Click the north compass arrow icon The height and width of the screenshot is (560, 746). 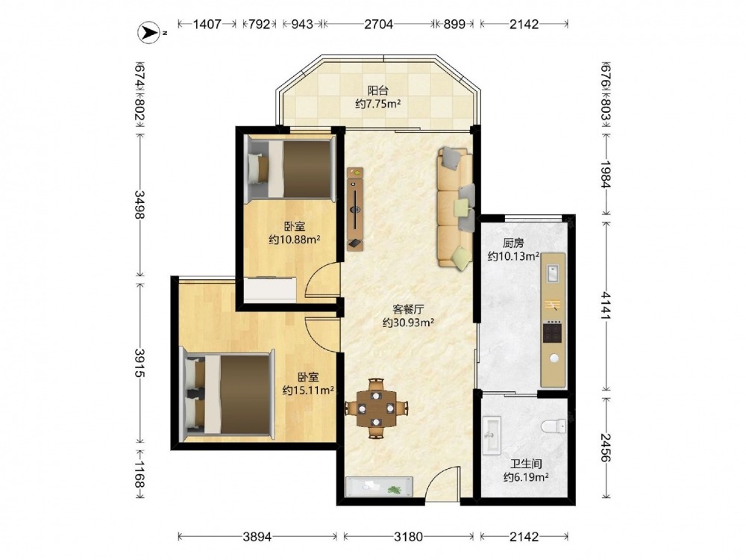pyautogui.click(x=148, y=33)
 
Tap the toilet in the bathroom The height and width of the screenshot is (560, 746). pyautogui.click(x=554, y=426)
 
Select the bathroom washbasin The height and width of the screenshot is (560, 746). pyautogui.click(x=492, y=435)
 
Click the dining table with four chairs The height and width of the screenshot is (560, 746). pyautogui.click(x=376, y=408)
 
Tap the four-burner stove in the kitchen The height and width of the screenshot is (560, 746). pyautogui.click(x=552, y=332)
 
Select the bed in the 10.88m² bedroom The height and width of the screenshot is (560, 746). pyautogui.click(x=289, y=169)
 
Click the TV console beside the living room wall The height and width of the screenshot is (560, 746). pyautogui.click(x=355, y=208)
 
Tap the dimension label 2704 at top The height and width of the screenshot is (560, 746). pyautogui.click(x=379, y=24)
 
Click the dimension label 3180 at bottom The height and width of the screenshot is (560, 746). pyautogui.click(x=408, y=537)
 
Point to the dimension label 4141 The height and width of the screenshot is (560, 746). pyautogui.click(x=605, y=305)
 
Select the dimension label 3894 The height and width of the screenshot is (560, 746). pyautogui.click(x=257, y=537)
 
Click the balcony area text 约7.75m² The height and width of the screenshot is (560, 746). pyautogui.click(x=377, y=103)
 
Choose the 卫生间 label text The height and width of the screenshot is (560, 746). pyautogui.click(x=526, y=464)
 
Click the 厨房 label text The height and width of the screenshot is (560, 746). pyautogui.click(x=513, y=243)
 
